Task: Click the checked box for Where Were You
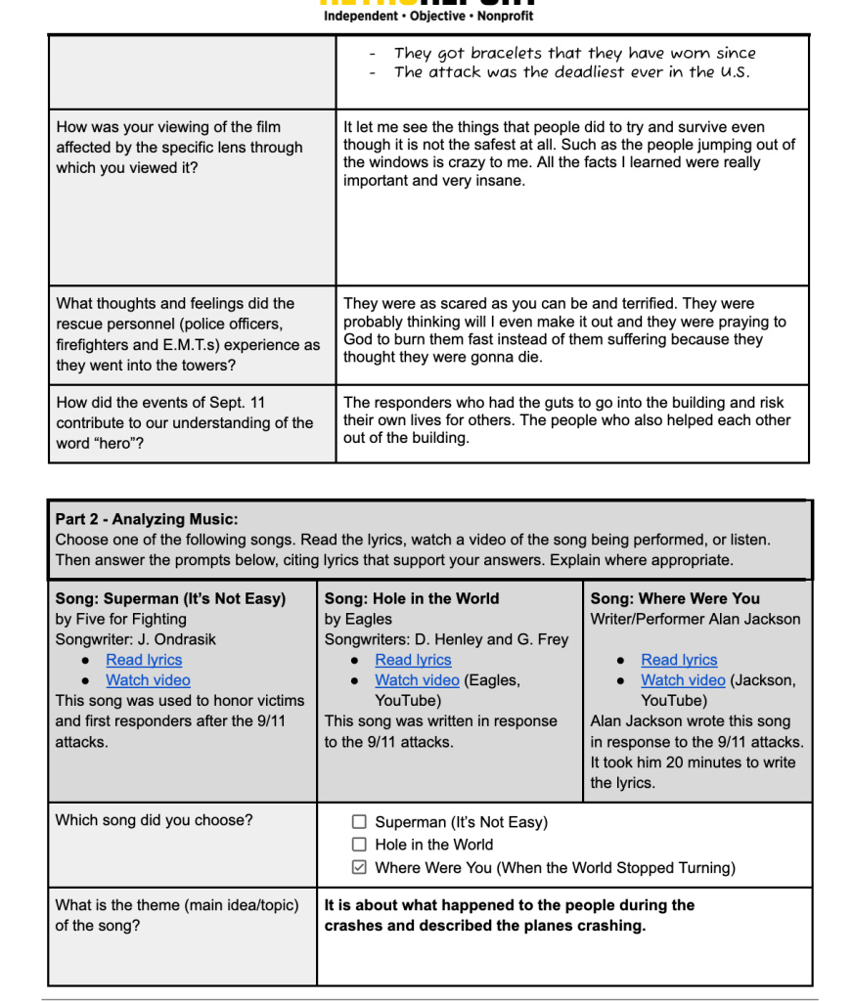359,867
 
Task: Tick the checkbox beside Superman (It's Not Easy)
359,822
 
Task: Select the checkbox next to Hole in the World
359,845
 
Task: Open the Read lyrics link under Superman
144,660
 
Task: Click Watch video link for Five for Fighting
148,680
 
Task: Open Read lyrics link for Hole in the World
413,660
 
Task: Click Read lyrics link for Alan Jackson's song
679,660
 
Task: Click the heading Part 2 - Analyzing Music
147,519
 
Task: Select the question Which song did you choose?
154,820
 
